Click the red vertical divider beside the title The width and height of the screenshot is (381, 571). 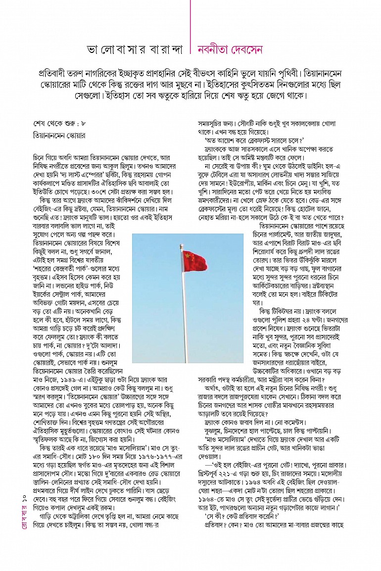coord(190,30)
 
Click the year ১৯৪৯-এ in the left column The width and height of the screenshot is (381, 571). coord(67,379)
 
